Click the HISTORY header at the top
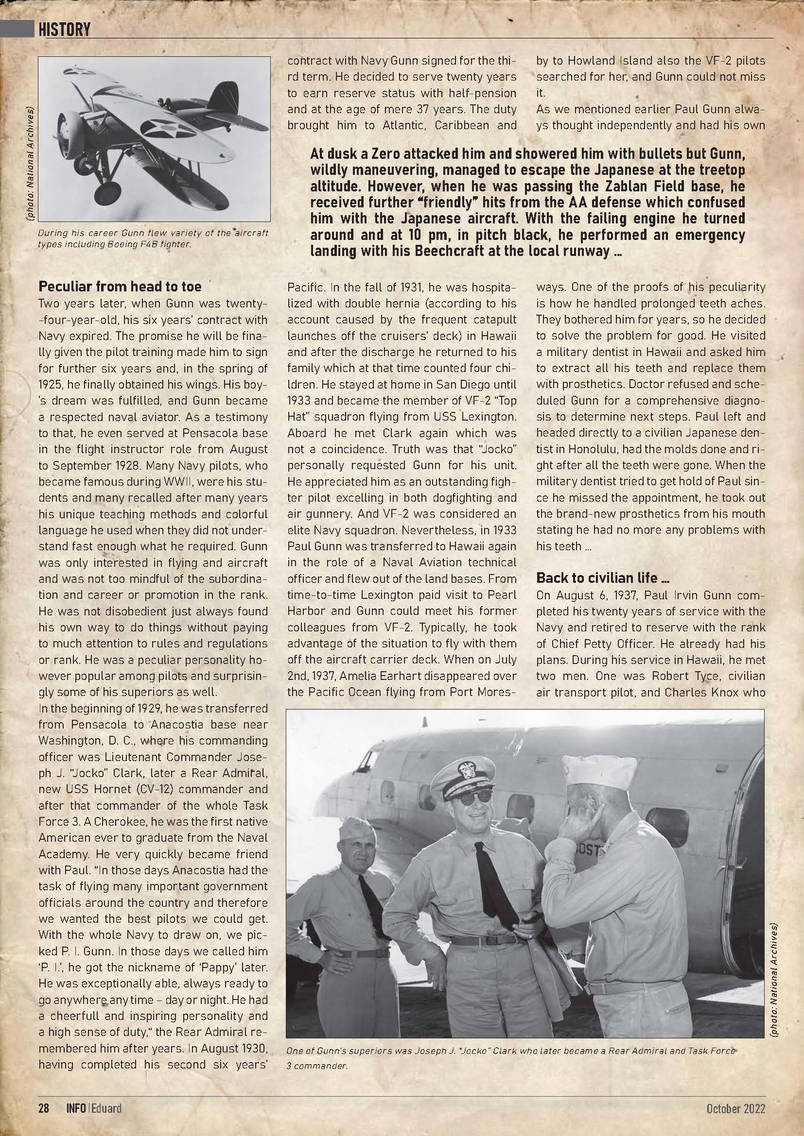click(64, 30)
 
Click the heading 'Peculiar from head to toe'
click(120, 287)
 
